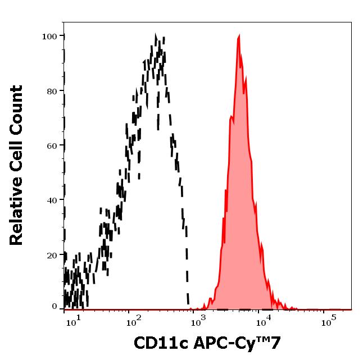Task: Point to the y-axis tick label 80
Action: pyautogui.click(x=52, y=91)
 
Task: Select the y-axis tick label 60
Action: pyautogui.click(x=52, y=145)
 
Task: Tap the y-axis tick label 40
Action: pyautogui.click(x=52, y=200)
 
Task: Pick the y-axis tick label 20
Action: pyautogui.click(x=52, y=254)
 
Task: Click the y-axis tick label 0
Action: pyautogui.click(x=54, y=307)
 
